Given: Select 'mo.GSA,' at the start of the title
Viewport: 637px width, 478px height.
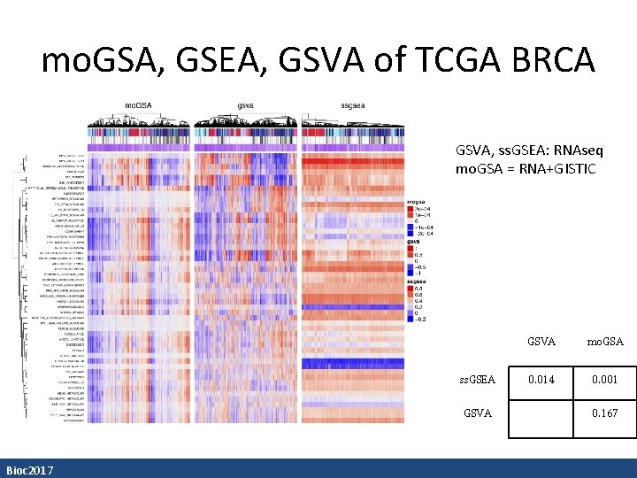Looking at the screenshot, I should tap(97, 60).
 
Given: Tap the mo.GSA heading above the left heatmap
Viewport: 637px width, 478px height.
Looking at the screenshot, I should tap(137, 106).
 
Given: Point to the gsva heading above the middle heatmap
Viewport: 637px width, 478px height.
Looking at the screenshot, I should tap(247, 106).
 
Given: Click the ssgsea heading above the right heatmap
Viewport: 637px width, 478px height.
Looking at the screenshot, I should tap(353, 106).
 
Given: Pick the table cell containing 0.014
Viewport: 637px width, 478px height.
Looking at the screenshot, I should tap(541, 380).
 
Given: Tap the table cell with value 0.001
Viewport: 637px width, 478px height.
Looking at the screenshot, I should tap(604, 380).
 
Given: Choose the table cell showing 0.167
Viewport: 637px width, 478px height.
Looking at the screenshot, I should tap(604, 412).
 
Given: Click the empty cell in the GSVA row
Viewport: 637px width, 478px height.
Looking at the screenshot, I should tap(541, 412).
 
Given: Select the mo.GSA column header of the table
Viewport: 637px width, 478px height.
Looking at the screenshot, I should tap(604, 340).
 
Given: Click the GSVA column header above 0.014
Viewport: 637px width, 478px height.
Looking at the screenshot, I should tap(541, 340).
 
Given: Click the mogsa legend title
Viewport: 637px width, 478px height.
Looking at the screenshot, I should tap(417, 201).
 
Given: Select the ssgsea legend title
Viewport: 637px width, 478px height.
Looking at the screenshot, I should tap(418, 279).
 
